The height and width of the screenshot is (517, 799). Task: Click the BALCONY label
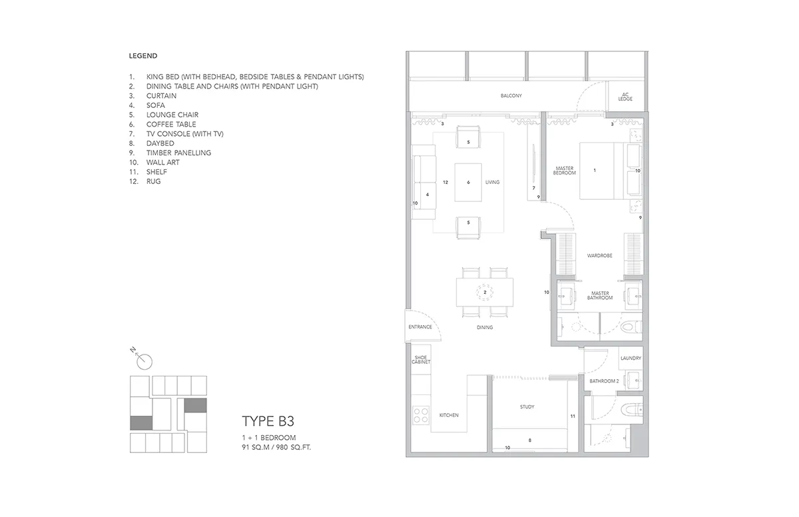[x=511, y=96]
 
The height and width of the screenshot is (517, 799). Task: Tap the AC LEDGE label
[x=625, y=97]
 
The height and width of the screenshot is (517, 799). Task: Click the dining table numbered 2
[x=485, y=292]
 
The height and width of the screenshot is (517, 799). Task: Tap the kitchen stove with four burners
[x=421, y=416]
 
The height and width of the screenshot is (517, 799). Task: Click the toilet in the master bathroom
[x=631, y=326]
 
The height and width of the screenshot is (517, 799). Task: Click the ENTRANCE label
[x=420, y=327]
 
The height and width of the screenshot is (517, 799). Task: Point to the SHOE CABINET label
[x=421, y=360]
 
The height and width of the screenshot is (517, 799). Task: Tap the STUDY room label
[x=527, y=407]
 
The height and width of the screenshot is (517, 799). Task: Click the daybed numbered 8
[x=530, y=440]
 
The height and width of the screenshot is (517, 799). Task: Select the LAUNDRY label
[x=631, y=358]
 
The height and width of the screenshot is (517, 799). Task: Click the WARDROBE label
[x=600, y=255]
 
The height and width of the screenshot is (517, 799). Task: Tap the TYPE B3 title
[x=268, y=421]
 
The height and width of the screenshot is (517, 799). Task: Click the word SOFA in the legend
[x=156, y=105]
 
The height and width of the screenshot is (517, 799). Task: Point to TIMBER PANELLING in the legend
[x=178, y=153]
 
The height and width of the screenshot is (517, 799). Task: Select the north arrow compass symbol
[x=142, y=358]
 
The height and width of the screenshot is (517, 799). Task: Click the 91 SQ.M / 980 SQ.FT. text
[x=276, y=447]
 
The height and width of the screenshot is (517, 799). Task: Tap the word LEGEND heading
[x=143, y=56]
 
